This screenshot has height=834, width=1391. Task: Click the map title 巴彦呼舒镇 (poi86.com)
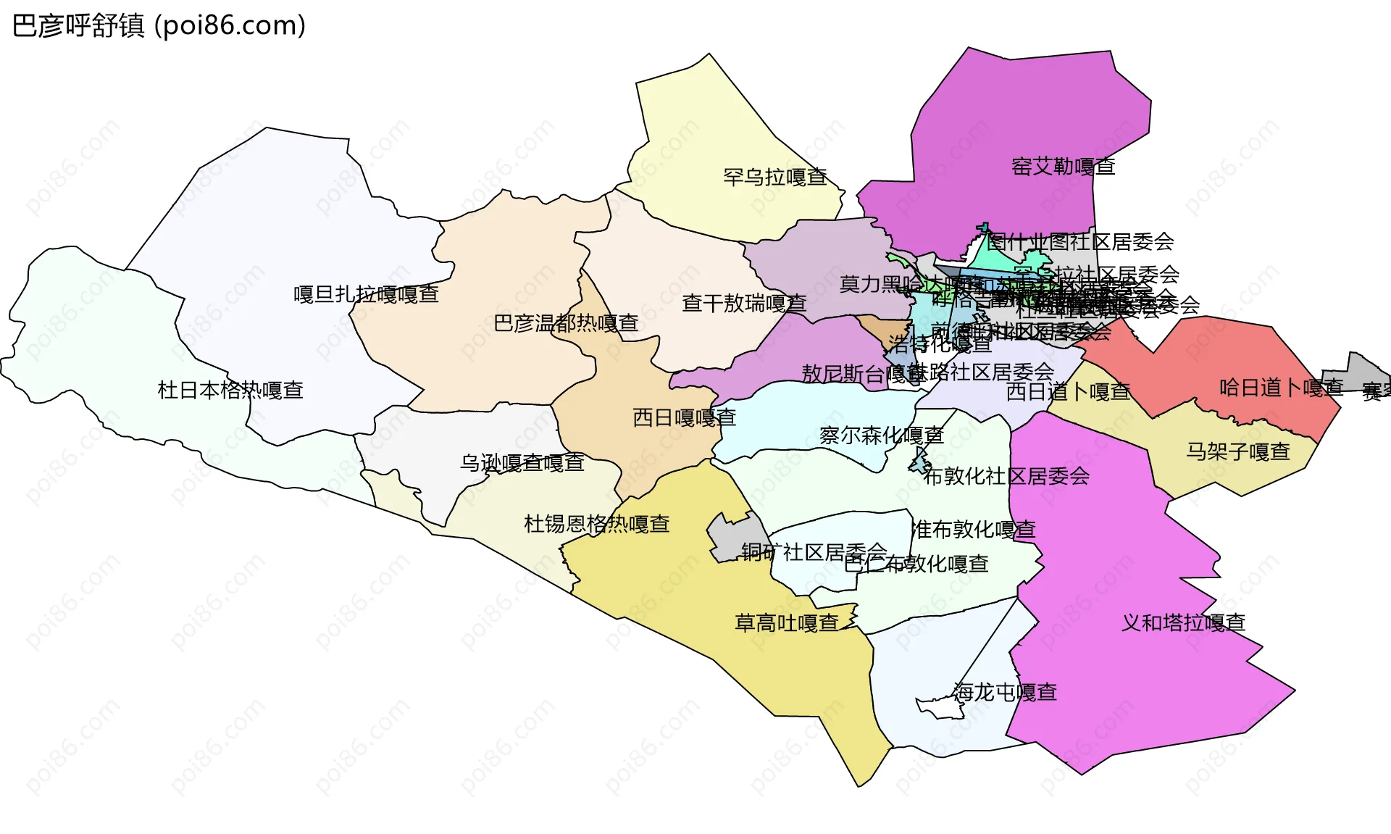(159, 26)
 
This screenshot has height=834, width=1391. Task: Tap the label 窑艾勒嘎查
(1063, 167)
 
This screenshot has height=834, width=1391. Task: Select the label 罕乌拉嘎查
(775, 177)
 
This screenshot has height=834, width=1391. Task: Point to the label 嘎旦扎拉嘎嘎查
(366, 294)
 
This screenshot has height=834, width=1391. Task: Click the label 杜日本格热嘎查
(230, 391)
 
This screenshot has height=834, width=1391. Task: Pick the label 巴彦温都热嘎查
(566, 323)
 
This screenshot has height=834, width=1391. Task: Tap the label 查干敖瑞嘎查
(744, 304)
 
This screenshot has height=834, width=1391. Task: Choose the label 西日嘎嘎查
(684, 418)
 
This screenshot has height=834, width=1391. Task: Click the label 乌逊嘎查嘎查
(522, 462)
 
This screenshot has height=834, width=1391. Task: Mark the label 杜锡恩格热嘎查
(596, 524)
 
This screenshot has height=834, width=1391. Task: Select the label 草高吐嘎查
(787, 623)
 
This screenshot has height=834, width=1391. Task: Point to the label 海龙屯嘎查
(1004, 693)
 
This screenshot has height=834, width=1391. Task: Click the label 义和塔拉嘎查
(1183, 623)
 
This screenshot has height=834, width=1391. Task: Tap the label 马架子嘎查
(1238, 452)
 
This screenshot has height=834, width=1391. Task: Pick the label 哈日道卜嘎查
(1281, 388)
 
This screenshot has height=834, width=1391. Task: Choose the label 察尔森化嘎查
(881, 435)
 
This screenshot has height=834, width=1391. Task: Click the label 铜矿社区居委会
(814, 553)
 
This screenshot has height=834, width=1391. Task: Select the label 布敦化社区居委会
(1006, 477)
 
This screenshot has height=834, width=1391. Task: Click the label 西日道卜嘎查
(1068, 392)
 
